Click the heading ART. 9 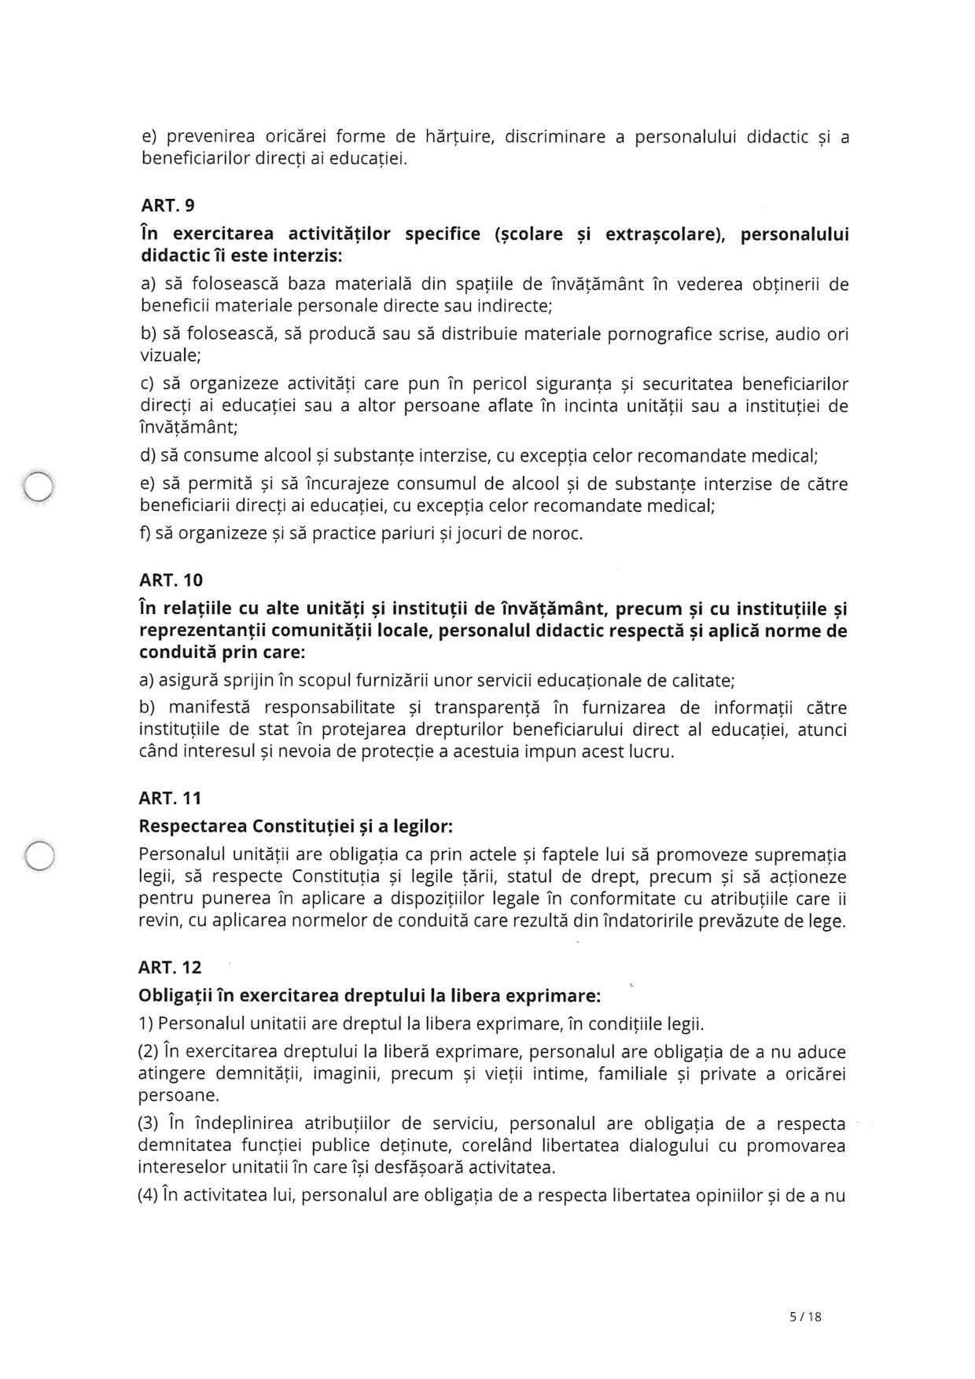[x=167, y=205]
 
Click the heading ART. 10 [x=171, y=580]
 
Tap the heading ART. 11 [x=170, y=798]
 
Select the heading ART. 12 [x=170, y=967]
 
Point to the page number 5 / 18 [x=805, y=1316]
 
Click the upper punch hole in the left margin [x=38, y=487]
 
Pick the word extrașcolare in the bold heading [x=664, y=234]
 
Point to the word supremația [x=802, y=855]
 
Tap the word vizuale [x=170, y=355]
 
